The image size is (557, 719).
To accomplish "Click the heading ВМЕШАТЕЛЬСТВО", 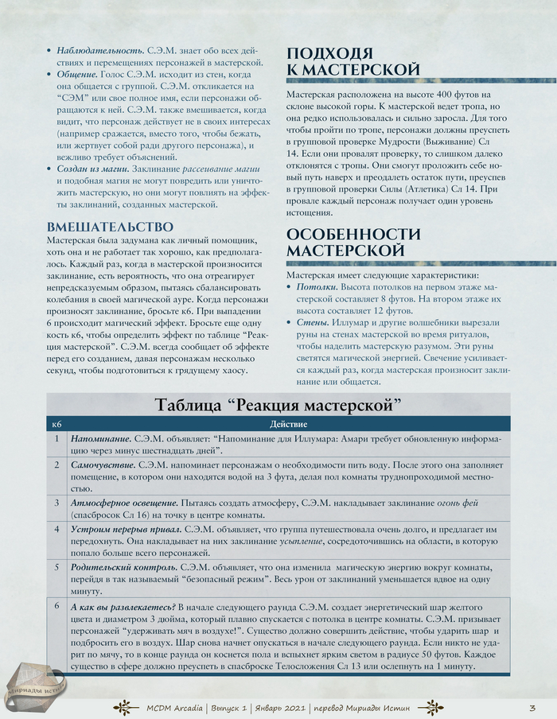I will tap(110, 226).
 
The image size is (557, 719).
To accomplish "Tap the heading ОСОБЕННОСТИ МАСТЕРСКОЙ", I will tap(353, 242).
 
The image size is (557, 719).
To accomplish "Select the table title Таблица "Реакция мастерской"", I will tap(278, 405).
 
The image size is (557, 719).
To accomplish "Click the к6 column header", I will tap(56, 425).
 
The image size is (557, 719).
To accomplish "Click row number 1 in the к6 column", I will tap(56, 439).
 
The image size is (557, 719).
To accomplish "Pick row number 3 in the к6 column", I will tap(56, 503).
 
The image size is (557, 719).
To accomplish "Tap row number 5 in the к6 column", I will tap(56, 567).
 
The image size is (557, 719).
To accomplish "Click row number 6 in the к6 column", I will tap(56, 606).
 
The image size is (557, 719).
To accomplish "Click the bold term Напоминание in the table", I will tap(101, 439).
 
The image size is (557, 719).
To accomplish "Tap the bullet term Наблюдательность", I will tap(99, 50).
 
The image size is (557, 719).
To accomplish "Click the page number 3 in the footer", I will tap(532, 706).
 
